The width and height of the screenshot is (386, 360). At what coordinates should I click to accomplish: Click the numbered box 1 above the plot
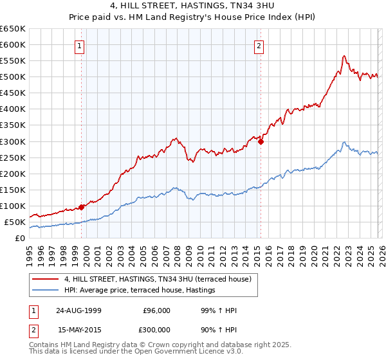point(79,45)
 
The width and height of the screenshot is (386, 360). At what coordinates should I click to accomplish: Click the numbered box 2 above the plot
point(259,45)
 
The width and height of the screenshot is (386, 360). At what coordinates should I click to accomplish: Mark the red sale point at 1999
point(82,207)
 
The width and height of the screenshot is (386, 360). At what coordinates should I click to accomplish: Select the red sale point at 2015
point(261,142)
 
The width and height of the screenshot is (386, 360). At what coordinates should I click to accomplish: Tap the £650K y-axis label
point(13,29)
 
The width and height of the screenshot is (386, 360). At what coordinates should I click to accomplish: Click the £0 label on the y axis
point(21,238)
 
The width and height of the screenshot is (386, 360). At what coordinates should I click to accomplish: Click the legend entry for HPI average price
point(139,291)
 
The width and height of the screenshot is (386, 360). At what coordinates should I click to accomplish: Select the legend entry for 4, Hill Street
point(161,279)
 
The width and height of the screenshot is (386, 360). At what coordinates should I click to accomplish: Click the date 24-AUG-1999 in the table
point(78,310)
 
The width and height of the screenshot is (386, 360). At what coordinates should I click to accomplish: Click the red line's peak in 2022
point(344,56)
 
